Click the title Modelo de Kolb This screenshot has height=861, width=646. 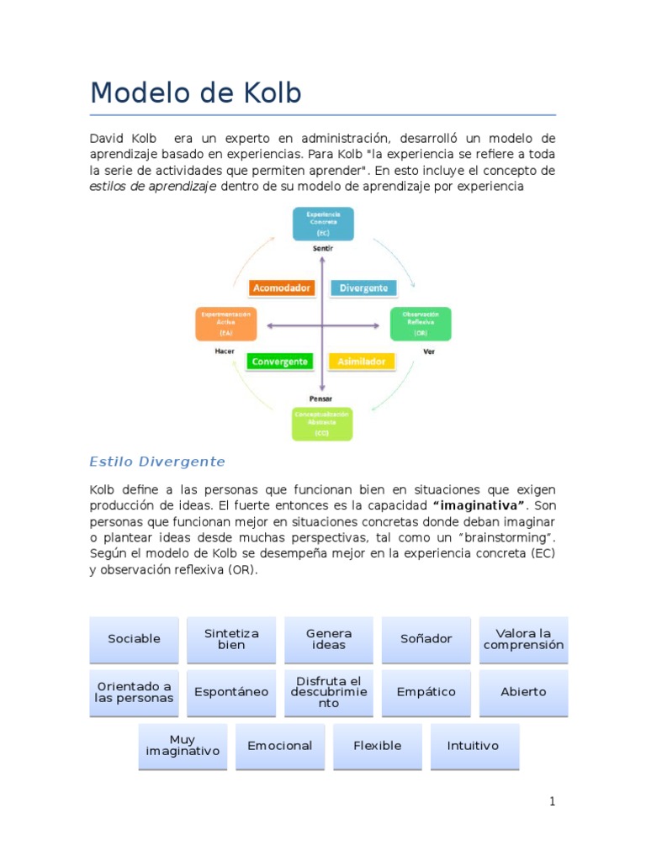195,92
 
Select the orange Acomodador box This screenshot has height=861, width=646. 282,288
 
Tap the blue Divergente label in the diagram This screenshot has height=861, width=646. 363,288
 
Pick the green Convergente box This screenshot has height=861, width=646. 279,362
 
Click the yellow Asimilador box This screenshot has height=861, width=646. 361,362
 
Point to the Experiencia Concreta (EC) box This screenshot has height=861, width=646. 323,224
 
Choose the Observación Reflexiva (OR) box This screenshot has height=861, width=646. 421,324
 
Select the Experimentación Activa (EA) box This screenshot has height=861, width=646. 226,324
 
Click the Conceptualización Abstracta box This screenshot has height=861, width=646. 322,425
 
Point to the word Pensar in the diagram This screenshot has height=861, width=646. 321,398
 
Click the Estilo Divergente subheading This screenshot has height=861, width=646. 157,462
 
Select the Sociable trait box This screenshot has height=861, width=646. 134,639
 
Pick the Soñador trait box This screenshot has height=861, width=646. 426,639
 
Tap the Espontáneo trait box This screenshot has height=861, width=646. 231,692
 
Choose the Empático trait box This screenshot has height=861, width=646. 426,692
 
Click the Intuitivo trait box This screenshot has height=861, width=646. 474,746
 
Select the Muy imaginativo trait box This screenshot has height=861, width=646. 183,746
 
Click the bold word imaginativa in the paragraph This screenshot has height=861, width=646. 479,505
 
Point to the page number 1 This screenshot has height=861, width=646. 552,801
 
